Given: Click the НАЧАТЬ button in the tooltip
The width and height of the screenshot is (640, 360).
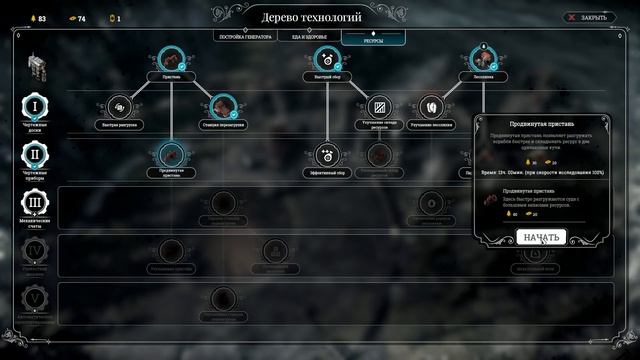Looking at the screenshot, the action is [542, 237].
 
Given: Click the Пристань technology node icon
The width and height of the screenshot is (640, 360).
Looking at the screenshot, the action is [172, 58].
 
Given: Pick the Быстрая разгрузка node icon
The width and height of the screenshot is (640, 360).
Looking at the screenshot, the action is [119, 106].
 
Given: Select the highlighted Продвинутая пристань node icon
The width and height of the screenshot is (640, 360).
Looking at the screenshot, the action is [172, 153].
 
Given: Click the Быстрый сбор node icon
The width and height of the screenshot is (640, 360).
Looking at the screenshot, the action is [327, 58].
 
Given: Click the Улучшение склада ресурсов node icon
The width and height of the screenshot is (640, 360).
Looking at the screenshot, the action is [379, 106].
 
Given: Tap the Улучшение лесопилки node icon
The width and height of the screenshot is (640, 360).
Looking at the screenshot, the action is [432, 106].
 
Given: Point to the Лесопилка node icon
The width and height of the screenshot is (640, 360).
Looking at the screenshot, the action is [484, 58].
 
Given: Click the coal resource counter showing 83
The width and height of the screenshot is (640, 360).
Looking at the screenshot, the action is [36, 18].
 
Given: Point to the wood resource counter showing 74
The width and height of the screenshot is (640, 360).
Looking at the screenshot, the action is [76, 18].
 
